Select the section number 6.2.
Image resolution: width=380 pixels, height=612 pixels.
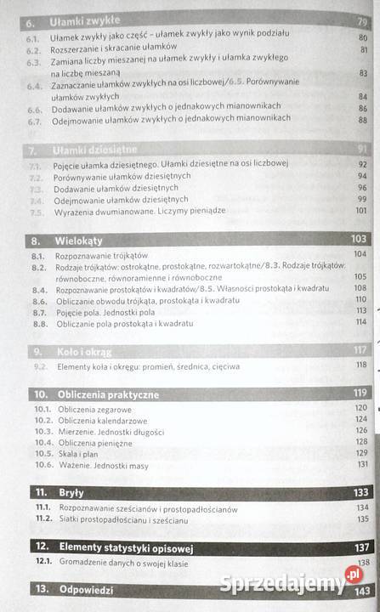pos(33,51)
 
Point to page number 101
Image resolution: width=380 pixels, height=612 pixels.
pos(361,209)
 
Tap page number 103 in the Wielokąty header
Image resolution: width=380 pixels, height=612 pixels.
pos(360,239)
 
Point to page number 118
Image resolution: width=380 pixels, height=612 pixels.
pos(361,365)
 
